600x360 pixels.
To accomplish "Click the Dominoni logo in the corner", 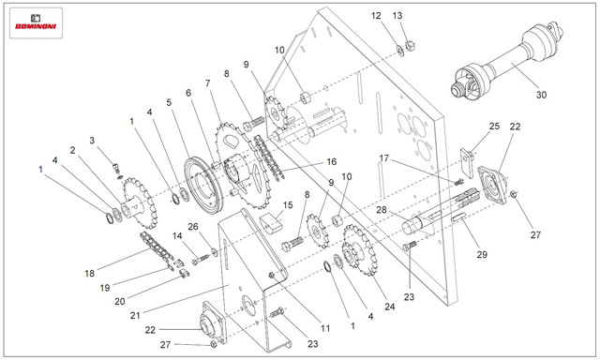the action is pos(36,22).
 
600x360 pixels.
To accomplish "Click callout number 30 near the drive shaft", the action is pos(541,95).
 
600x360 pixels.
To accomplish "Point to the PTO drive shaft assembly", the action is pos(507,60).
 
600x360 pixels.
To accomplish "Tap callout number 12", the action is pos(376,16).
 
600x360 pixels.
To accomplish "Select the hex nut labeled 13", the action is pos(410,46).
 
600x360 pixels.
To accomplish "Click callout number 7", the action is pos(208,83).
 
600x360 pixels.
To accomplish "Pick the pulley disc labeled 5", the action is pos(202,186).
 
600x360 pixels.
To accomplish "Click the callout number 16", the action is pos(331,161).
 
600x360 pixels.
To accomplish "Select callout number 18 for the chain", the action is pos(90,273).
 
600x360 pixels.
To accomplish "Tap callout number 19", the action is pos(105,288).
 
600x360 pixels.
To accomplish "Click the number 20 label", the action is pos(120,302).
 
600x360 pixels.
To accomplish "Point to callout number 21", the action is pos(135,315).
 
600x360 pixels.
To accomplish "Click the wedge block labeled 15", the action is pos(271,223).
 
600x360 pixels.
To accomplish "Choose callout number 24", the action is pos(390,307).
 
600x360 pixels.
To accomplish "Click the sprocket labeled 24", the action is pos(358,249).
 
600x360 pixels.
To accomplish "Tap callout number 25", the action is pos(494,126).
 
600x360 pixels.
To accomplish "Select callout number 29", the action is pos(482,254).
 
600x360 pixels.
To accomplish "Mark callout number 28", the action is pos(382,210).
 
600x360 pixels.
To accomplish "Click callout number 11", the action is pos(325,328).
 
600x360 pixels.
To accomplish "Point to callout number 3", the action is pos(92,141).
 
